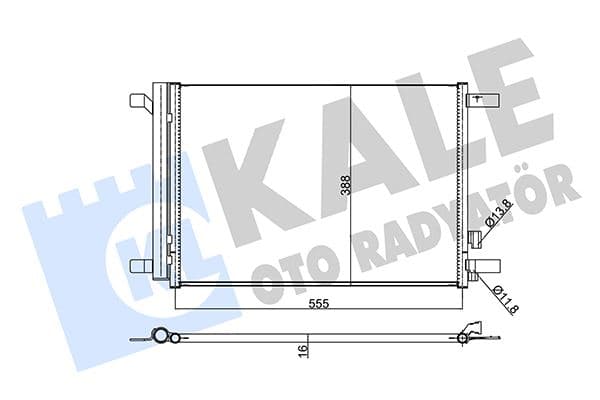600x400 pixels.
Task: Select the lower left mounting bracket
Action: (140, 267)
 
